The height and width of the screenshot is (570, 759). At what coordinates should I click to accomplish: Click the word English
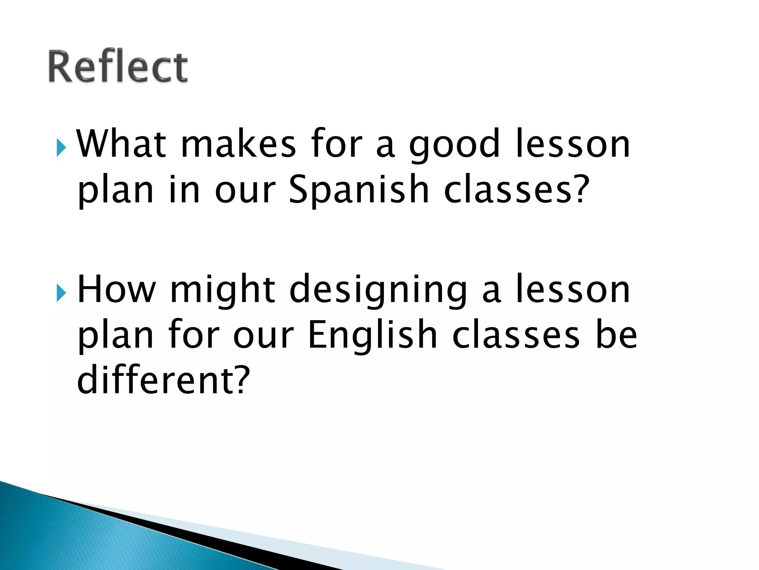372,335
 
